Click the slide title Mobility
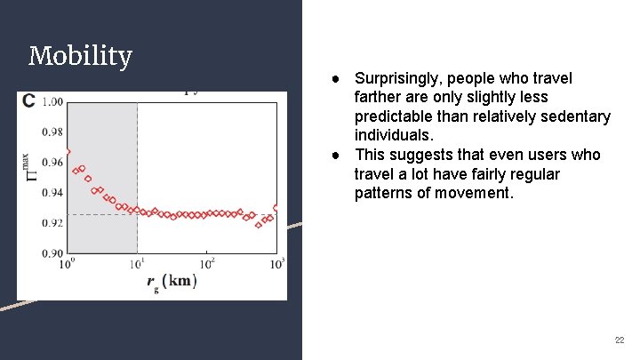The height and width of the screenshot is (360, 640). pyautogui.click(x=80, y=57)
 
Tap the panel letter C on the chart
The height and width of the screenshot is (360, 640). pyautogui.click(x=29, y=100)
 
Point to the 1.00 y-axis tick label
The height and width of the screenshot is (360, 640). pyautogui.click(x=52, y=102)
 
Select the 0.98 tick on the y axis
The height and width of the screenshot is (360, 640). pyautogui.click(x=52, y=132)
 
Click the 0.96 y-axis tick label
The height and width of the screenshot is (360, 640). pyautogui.click(x=52, y=163)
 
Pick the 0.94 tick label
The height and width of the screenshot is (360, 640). pyautogui.click(x=52, y=193)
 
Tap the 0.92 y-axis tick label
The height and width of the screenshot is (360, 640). pyautogui.click(x=52, y=223)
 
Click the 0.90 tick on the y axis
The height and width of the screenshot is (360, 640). pyautogui.click(x=52, y=253)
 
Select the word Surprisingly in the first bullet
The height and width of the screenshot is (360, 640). pyautogui.click(x=399, y=78)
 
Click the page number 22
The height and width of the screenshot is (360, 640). pyautogui.click(x=620, y=340)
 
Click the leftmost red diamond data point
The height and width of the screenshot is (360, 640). pyautogui.click(x=68, y=152)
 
